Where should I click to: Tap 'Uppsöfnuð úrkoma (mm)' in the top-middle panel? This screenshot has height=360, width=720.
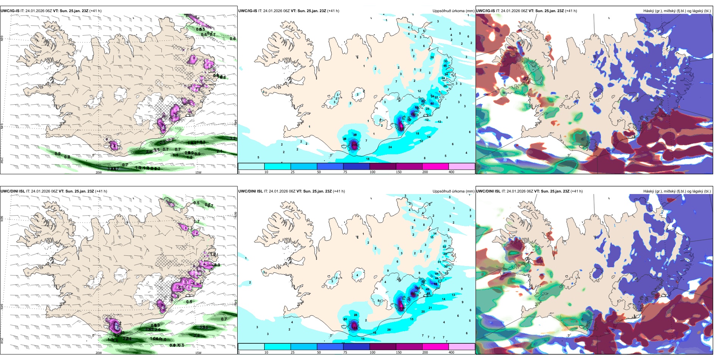click(x=453, y=11)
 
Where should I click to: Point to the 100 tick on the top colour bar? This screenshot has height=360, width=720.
click(x=373, y=172)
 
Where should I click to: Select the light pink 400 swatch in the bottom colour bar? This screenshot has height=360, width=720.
click(x=462, y=347)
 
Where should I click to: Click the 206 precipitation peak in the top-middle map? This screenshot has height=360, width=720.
click(x=355, y=145)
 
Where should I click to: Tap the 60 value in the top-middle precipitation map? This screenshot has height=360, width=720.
click(x=432, y=103)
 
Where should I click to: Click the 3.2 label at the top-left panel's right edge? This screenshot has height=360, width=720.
click(x=233, y=139)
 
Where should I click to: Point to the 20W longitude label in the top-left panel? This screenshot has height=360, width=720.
click(x=99, y=172)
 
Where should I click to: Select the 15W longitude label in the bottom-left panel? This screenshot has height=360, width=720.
click(x=198, y=353)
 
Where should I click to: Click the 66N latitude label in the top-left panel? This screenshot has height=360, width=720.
click(x=2, y=39)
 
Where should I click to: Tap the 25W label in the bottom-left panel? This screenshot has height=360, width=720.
click(x=2, y=341)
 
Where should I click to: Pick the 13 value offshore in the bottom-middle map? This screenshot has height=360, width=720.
click(x=453, y=295)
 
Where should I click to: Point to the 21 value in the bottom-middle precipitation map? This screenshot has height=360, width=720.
click(x=430, y=308)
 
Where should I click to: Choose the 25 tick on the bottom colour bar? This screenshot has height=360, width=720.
click(x=293, y=352)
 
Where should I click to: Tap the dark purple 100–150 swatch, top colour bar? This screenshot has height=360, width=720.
click(x=382, y=166)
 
